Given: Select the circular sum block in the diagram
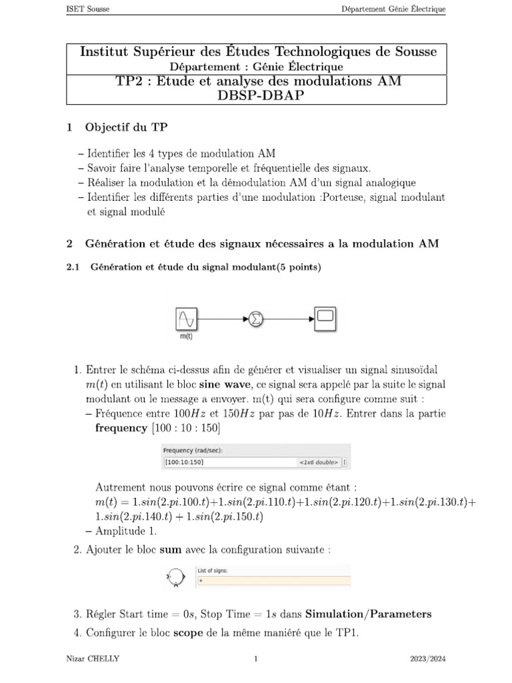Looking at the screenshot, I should (x=255, y=320).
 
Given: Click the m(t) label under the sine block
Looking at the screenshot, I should (x=187, y=337).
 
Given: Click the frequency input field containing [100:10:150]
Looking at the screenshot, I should (x=227, y=462).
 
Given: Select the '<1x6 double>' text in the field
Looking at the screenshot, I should (x=319, y=462).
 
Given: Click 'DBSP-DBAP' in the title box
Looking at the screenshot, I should (x=256, y=95).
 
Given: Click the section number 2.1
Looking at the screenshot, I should (x=73, y=268).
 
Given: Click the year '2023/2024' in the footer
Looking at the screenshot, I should (x=427, y=660).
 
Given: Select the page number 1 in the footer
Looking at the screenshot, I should (x=256, y=660).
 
